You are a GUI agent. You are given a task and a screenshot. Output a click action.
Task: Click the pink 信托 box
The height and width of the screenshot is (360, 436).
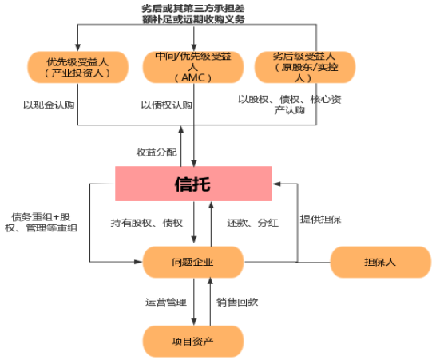point(193,184)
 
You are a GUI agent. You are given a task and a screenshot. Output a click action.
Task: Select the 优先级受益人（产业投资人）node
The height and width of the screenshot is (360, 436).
point(78,67)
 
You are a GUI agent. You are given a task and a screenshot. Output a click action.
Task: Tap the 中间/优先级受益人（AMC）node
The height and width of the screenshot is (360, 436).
point(193,67)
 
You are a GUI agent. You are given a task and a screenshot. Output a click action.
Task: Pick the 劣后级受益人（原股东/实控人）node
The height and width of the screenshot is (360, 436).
point(305,67)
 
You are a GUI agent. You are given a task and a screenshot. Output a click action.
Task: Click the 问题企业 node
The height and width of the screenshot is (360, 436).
point(193,262)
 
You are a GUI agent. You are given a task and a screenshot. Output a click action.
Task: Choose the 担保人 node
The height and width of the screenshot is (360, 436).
point(381,262)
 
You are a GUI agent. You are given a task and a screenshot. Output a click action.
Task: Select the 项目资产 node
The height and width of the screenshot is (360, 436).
point(193,341)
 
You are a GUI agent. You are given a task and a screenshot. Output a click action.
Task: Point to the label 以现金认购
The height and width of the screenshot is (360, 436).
point(49,105)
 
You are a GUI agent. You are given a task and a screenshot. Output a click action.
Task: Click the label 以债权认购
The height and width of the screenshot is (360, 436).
point(167,105)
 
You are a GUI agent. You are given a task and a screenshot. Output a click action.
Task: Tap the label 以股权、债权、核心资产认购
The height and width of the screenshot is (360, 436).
point(289,105)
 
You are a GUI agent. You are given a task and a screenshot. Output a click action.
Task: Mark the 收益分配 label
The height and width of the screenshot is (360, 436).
point(157,152)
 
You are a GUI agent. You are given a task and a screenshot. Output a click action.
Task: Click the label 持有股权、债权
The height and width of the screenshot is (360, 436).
point(147,223)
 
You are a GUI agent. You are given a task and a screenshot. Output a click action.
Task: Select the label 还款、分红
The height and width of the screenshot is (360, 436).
point(253,223)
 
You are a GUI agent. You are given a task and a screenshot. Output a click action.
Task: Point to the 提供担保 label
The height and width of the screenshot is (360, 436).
point(320,220)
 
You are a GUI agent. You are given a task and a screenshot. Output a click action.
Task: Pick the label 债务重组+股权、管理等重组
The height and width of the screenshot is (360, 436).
point(42,223)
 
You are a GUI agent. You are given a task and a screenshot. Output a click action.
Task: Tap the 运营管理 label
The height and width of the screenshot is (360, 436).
point(166,302)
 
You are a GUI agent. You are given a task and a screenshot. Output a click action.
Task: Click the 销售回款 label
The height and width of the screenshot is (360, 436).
point(237,302)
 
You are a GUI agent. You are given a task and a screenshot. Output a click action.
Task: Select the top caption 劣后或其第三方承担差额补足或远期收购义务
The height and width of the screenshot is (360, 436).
point(193,14)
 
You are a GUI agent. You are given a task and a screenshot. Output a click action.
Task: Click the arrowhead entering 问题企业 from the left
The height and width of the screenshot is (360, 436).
point(138,262)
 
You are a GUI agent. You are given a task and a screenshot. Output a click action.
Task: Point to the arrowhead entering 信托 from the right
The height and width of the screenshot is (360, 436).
point(276,184)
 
